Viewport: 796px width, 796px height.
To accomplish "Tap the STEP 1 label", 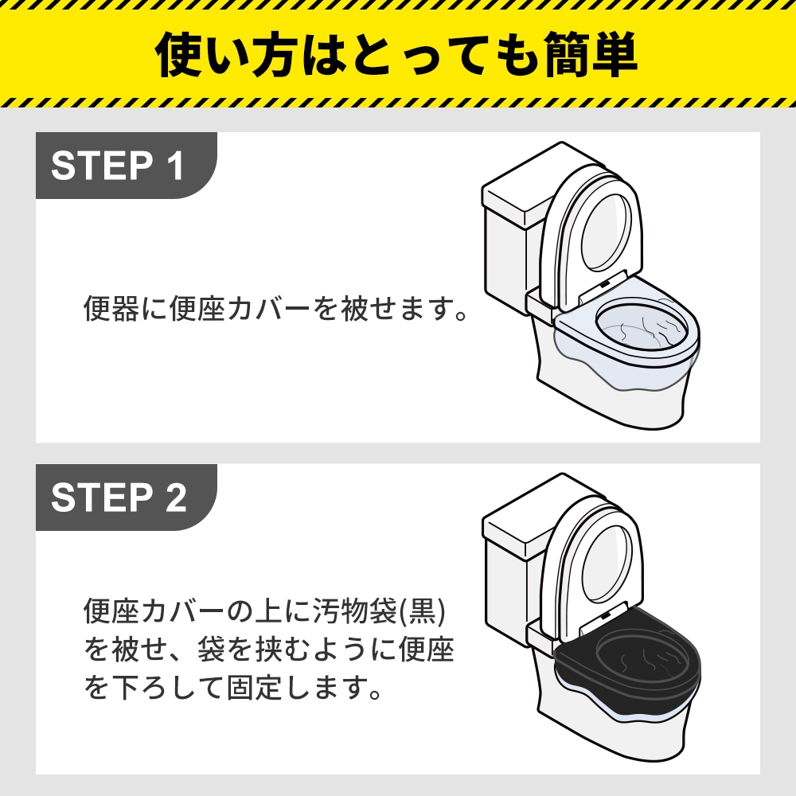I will [118, 166].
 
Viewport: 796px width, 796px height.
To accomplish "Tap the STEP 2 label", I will [118, 497].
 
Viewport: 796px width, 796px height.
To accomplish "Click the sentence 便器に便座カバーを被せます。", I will [275, 308].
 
